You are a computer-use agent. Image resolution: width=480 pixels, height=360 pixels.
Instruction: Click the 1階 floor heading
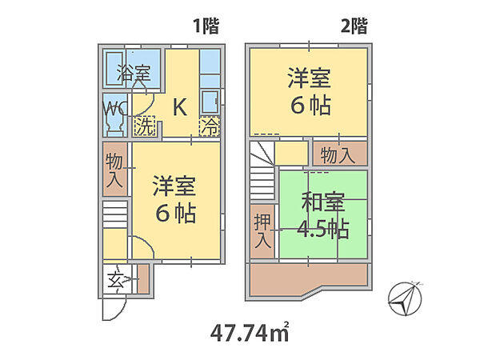206,26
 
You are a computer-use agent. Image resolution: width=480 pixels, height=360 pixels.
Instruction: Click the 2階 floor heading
354,26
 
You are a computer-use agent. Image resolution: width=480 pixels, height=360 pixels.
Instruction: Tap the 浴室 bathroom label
134,73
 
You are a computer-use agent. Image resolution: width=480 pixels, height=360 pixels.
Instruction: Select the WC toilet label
114,108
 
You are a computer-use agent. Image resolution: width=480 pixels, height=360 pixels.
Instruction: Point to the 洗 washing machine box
145,126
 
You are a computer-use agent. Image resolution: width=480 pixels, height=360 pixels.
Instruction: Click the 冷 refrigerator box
210,126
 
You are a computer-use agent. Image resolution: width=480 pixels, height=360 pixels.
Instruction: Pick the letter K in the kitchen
180,107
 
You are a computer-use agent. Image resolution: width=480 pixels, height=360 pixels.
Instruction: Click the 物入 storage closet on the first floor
114,170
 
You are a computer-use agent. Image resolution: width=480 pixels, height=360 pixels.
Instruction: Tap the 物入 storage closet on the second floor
340,154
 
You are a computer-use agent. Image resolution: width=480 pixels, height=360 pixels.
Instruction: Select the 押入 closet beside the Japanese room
262,231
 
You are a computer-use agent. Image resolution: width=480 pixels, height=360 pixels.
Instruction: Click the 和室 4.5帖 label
324,215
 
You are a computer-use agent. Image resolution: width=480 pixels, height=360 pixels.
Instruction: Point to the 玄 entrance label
116,279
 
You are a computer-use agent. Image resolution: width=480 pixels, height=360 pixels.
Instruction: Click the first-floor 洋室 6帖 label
175,199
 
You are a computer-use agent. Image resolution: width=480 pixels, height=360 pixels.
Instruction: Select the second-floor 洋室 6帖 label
310,92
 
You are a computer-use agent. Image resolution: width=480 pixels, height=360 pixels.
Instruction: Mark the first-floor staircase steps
114,214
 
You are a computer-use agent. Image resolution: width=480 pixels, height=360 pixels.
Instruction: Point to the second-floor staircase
262,170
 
